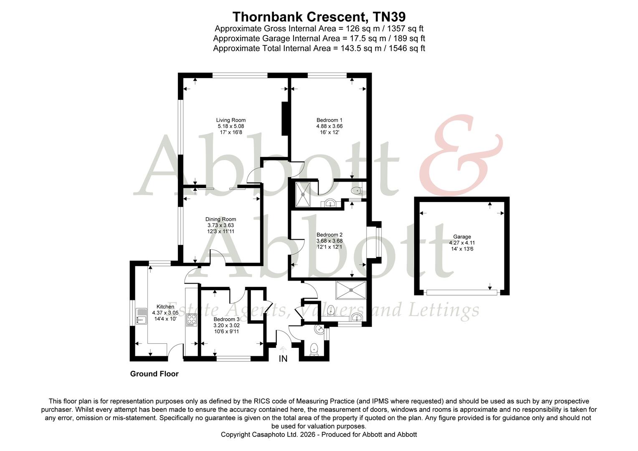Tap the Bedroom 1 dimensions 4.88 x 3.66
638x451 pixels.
[x=329, y=126]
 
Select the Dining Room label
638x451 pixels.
[x=220, y=219]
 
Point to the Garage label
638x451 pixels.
[x=462, y=237]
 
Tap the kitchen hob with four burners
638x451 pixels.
[x=192, y=320]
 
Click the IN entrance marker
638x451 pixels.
[x=283, y=359]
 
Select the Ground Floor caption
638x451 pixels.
[x=154, y=374]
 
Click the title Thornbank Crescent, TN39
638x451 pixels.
[x=319, y=17]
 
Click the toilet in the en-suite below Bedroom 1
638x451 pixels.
[x=355, y=191]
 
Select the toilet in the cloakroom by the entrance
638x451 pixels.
[x=314, y=349]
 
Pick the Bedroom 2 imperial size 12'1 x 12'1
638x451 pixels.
[x=329, y=247]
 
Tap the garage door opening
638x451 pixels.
[x=461, y=293]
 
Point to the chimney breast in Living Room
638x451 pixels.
[x=285, y=119]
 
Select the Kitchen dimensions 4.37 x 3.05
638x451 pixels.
[x=165, y=313]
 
